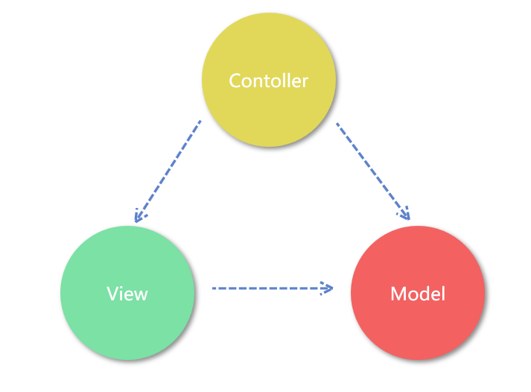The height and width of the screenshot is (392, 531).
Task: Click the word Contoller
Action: pos(268,80)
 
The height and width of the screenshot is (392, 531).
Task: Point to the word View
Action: pos(127,293)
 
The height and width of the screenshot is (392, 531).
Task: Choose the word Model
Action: pos(418,294)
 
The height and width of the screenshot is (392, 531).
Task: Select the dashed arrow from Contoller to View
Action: pos(168,169)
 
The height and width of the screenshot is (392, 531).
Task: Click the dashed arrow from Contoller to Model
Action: pos(372,170)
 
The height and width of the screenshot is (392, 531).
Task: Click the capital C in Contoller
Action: pos(235,80)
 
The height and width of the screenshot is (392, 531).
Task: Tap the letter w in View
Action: pos(141,294)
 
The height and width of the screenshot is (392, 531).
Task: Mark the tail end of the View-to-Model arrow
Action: pos(214,287)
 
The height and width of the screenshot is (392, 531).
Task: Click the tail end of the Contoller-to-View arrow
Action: pos(200,121)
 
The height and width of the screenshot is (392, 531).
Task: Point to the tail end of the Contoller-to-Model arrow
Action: pos(338,124)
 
